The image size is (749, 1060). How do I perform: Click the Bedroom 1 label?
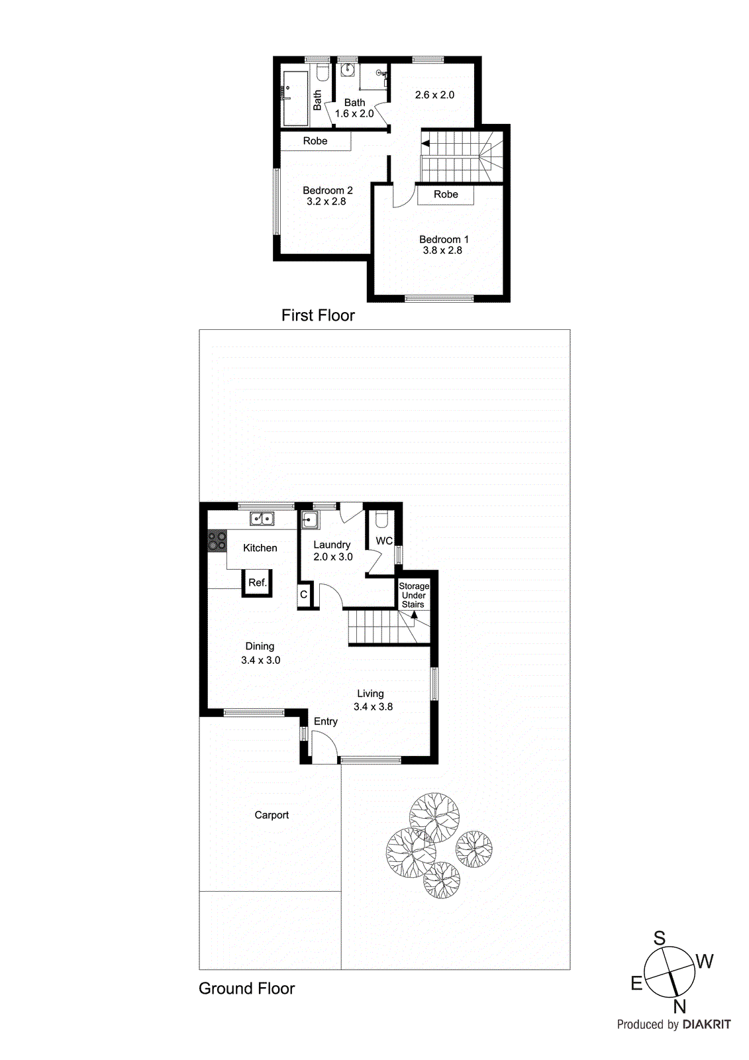point(443,239)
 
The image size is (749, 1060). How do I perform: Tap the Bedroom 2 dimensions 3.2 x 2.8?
point(326,201)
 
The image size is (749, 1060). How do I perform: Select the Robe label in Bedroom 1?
point(446,194)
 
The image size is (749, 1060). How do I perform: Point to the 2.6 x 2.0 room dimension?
point(434,95)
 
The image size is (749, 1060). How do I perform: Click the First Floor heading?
point(318,315)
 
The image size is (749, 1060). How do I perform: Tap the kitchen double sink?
point(262,519)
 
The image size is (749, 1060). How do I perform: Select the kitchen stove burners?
point(217,541)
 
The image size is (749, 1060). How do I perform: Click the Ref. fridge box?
point(257,583)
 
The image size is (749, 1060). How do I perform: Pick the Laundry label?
point(332,545)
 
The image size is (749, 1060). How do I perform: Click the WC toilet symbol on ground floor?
point(381,518)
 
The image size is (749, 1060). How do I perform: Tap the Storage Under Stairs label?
point(414,595)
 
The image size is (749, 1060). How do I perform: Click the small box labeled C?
point(303,594)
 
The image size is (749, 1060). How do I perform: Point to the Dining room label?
point(260,646)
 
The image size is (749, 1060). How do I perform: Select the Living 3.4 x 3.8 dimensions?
point(373,707)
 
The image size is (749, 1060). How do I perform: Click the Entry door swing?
point(323,749)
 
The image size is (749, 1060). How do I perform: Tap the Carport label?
point(272,815)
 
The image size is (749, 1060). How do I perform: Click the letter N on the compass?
point(679,1007)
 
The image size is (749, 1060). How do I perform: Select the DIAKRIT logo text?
point(706,1024)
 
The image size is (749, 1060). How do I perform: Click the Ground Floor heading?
point(246,988)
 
